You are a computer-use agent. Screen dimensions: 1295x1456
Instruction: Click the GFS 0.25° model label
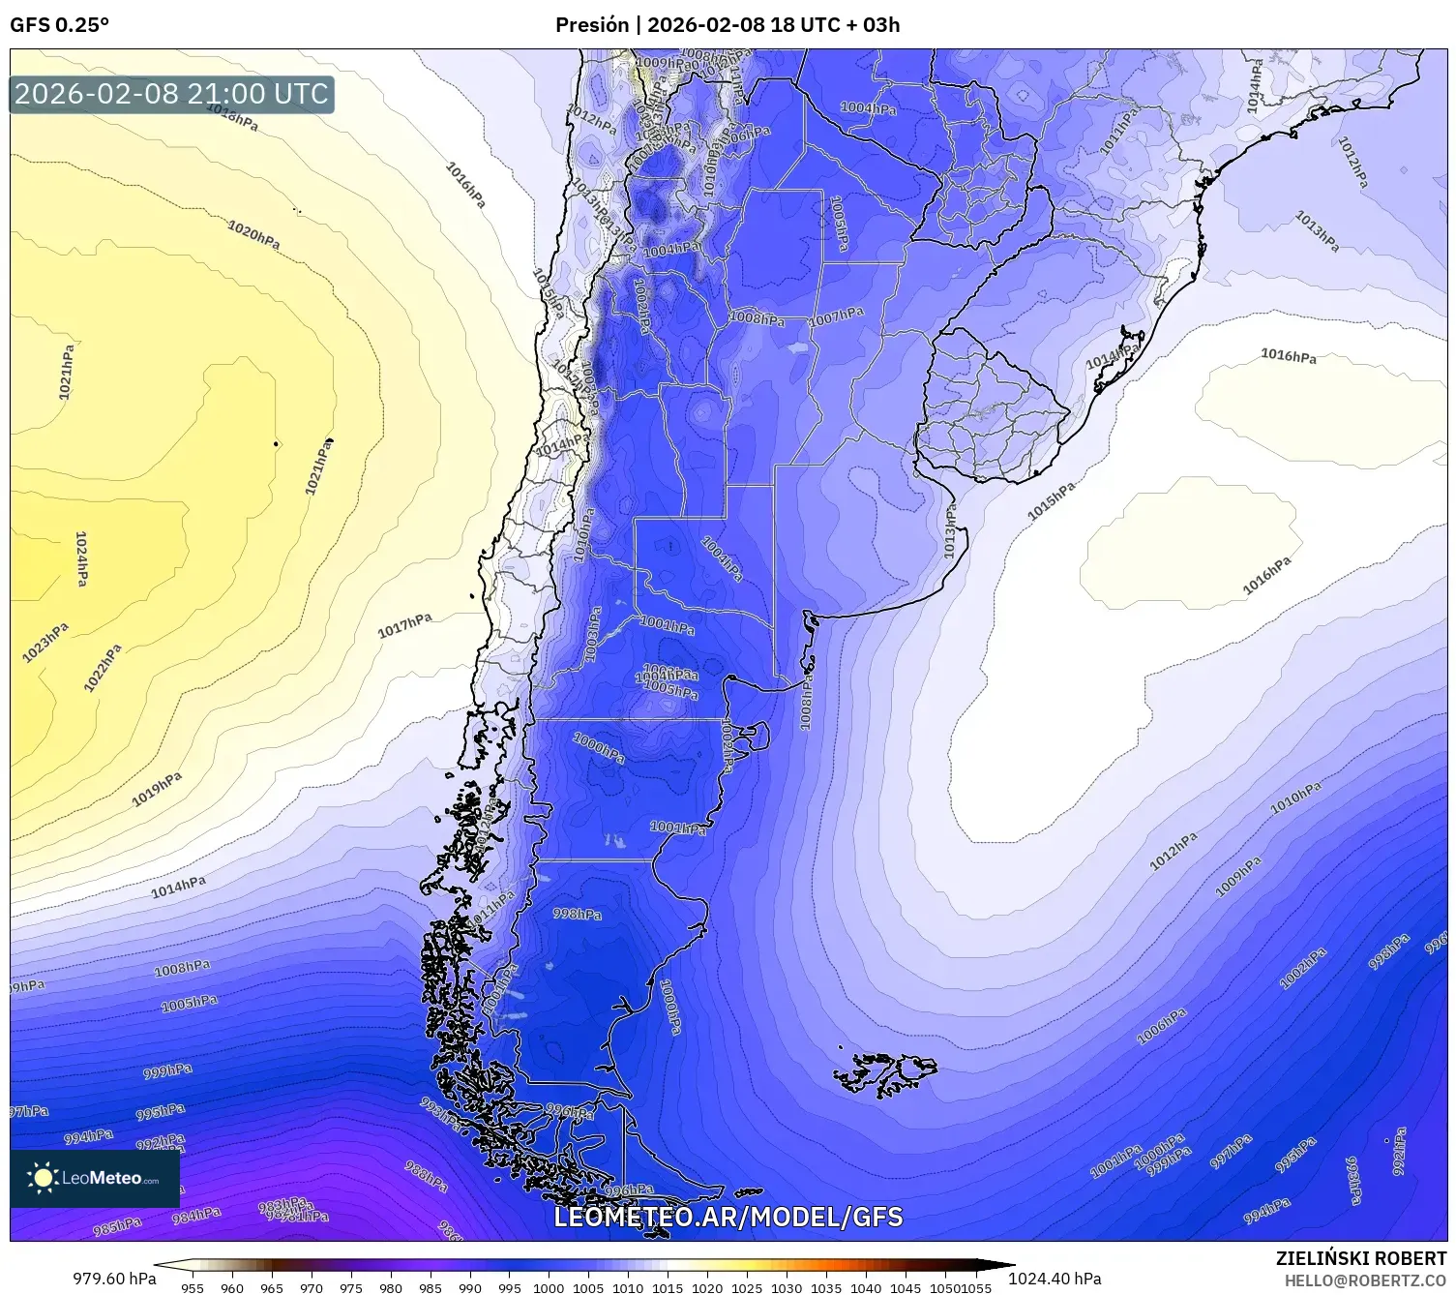click(x=59, y=25)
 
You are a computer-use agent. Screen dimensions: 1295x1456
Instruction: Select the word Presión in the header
click(x=591, y=25)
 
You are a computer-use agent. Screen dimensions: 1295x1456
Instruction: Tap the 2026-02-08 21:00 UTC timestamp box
click(x=171, y=94)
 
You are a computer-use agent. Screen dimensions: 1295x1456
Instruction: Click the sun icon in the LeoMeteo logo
click(x=43, y=1178)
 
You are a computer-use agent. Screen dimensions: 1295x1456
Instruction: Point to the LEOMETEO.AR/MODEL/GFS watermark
click(x=728, y=1217)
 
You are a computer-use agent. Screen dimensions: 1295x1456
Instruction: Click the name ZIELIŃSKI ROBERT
click(x=1360, y=1258)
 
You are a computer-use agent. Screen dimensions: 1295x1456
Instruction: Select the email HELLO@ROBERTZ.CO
click(x=1365, y=1280)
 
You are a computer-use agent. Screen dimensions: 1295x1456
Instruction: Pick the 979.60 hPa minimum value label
click(x=114, y=1279)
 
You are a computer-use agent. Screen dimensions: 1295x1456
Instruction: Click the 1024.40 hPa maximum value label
click(x=1055, y=1279)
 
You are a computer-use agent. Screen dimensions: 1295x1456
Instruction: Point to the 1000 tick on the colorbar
click(x=549, y=1287)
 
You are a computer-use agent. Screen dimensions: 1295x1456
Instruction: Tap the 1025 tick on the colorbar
click(x=747, y=1287)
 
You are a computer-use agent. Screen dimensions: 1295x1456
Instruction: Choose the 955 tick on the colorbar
click(x=193, y=1287)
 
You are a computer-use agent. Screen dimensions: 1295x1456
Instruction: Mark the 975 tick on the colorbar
click(x=351, y=1287)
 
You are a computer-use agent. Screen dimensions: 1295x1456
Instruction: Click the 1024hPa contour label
click(x=82, y=558)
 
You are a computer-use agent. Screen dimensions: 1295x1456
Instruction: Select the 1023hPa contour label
click(x=45, y=643)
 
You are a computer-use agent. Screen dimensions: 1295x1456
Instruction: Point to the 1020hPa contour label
click(x=253, y=234)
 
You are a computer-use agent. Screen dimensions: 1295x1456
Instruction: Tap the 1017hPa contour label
click(x=404, y=625)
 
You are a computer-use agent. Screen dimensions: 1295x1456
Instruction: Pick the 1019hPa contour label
click(x=157, y=789)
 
